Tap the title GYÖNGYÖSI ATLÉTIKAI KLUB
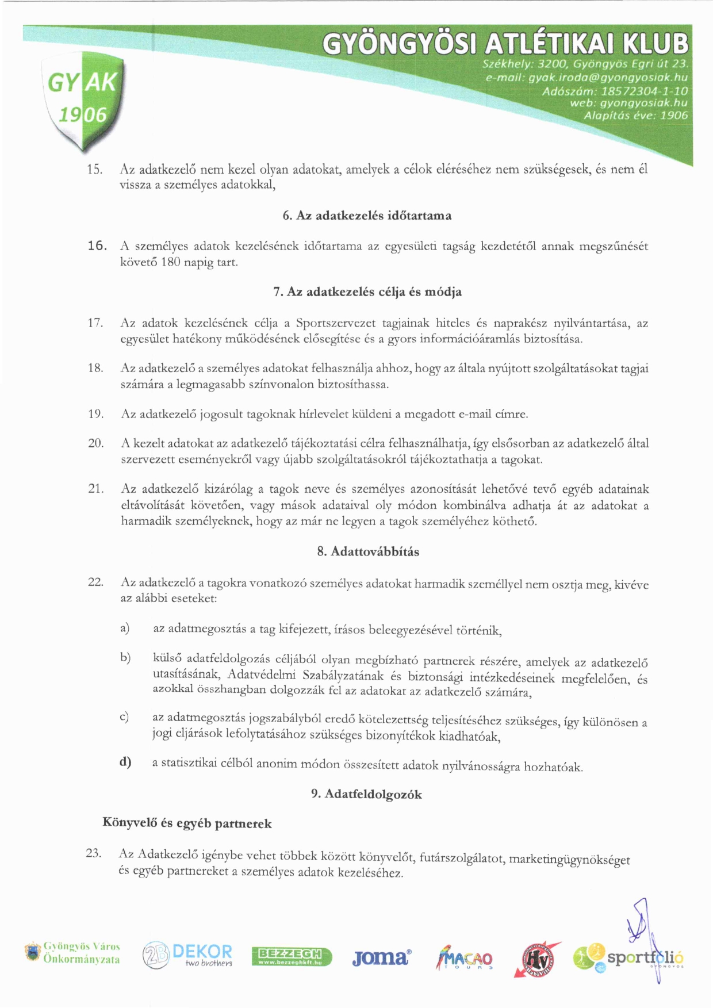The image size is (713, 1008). tap(504, 44)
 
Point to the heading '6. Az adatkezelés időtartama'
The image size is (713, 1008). tap(367, 216)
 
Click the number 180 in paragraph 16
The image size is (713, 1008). tap(171, 262)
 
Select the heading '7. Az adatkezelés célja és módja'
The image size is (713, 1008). tap(367, 292)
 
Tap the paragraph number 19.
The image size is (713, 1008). tap(95, 413)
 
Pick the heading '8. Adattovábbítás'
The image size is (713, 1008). tap(368, 551)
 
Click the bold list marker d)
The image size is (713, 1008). tap(125, 762)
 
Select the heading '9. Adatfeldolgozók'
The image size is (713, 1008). tap(366, 794)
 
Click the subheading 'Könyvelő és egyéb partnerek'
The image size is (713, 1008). tap(187, 823)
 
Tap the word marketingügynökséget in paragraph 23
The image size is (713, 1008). tap(569, 860)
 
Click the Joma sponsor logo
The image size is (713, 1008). tap(381, 957)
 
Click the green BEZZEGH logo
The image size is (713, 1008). tap(292, 957)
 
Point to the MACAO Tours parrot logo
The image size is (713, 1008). tap(465, 958)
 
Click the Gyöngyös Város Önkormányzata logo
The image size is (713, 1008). tap(72, 953)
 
